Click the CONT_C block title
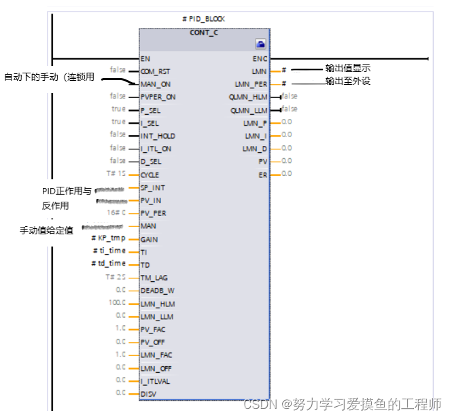point(205,32)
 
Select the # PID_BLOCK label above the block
point(204,19)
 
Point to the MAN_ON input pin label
point(155,84)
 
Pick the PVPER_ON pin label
point(158,96)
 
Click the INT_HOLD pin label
point(158,135)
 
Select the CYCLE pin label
point(150,175)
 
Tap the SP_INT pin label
point(152,187)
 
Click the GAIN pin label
point(149,239)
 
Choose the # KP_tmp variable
point(109,238)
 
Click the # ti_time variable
point(109,251)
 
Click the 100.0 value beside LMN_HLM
point(117,304)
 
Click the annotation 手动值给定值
point(46,231)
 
